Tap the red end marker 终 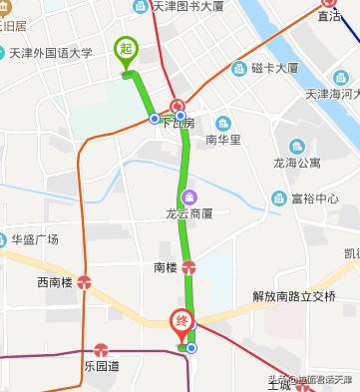(x=181, y=322)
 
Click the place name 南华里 (x=223, y=140)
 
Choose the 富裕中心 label (x=316, y=197)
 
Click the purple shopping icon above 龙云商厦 (x=189, y=196)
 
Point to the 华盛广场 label (x=35, y=238)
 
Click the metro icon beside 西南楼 (x=86, y=282)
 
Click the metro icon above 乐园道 (x=101, y=350)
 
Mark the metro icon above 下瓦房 (x=177, y=106)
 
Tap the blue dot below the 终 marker (x=191, y=348)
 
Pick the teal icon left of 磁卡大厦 (x=238, y=68)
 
